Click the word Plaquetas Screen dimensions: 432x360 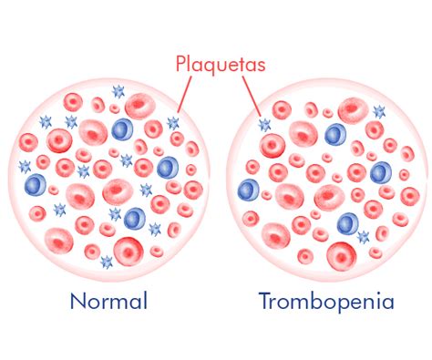click(221, 64)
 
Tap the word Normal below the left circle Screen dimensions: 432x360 click(108, 301)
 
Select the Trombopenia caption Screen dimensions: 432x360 click(326, 302)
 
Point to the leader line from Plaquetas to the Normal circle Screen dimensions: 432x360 click(185, 94)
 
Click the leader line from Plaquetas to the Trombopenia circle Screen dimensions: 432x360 click(252, 96)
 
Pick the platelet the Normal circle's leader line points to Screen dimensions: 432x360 click(173, 123)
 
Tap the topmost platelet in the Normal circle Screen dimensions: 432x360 click(118, 91)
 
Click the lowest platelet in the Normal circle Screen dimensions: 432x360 click(107, 262)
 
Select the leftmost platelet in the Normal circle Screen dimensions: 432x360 click(25, 167)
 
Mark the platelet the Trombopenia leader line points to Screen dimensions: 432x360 click(264, 125)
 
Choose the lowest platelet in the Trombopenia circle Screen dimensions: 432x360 click(363, 236)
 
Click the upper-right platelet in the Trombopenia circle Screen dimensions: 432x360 click(379, 111)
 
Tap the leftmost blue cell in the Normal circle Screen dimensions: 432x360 click(36, 184)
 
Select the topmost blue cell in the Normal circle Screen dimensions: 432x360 click(122, 129)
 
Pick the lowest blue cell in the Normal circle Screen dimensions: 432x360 click(135, 219)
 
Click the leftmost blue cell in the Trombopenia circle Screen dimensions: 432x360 click(249, 190)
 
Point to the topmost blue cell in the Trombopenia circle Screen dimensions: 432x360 click(335, 134)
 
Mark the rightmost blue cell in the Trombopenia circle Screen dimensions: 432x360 click(381, 173)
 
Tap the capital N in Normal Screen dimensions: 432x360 click(77, 301)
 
